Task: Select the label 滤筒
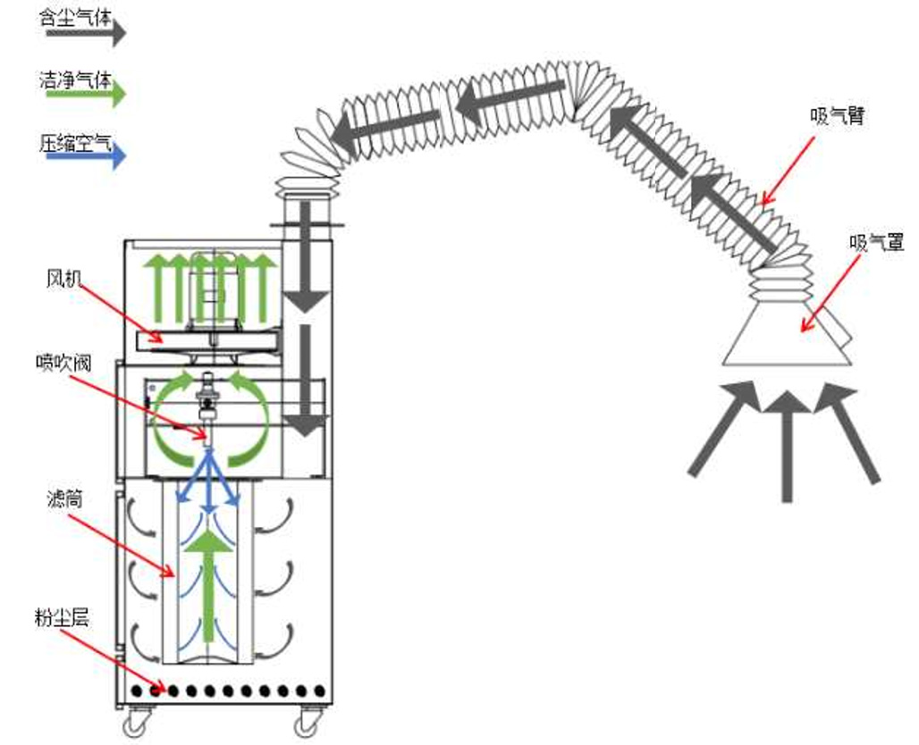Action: (x=64, y=499)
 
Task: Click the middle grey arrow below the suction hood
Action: (x=787, y=442)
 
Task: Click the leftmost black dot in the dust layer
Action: (x=138, y=691)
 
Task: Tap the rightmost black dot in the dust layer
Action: (x=320, y=691)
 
